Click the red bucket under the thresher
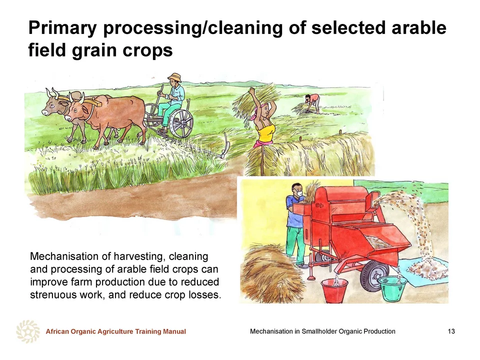[334, 291]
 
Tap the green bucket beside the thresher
[392, 288]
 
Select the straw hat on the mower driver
[174, 77]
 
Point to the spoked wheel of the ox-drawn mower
[181, 123]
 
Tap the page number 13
[451, 331]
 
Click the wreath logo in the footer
[28, 331]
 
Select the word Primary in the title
[62, 28]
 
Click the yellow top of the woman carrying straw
[265, 132]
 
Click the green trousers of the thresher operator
[294, 245]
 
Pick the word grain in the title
[94, 51]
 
